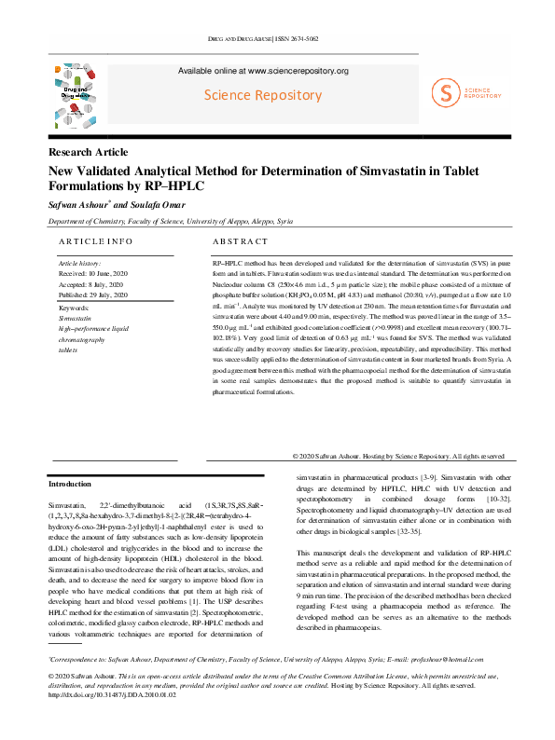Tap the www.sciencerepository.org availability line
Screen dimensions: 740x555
[263, 71]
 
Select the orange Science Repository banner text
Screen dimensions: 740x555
[263, 95]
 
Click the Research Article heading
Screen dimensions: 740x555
[89, 152]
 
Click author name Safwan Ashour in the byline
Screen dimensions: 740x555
[78, 203]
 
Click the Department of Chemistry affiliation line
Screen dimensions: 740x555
[170, 222]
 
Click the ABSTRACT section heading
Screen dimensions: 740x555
[228, 242]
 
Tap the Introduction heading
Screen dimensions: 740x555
[70, 485]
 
